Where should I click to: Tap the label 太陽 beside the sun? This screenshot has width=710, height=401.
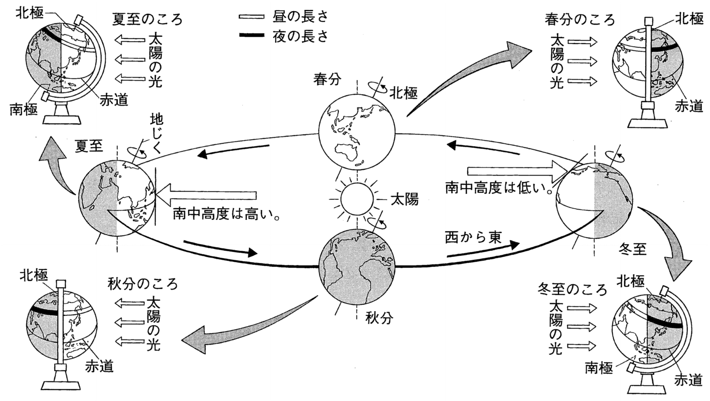[x=404, y=199]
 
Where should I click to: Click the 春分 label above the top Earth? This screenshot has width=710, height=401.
[x=326, y=79]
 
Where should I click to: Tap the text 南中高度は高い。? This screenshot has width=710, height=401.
[x=227, y=214]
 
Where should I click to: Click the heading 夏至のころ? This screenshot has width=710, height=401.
[x=147, y=19]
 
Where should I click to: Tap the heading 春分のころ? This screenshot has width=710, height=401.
[x=580, y=20]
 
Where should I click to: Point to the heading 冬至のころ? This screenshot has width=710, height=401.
[x=572, y=290]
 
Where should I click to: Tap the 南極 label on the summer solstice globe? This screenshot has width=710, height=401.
[x=23, y=111]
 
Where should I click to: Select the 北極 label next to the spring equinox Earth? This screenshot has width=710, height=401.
[x=404, y=93]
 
